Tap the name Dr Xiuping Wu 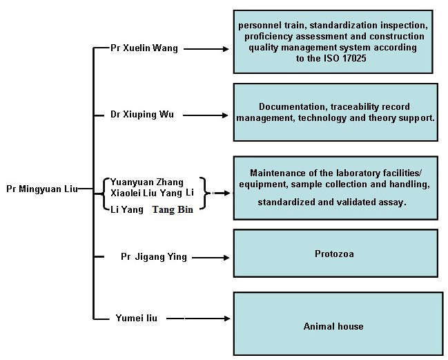pyautogui.click(x=143, y=115)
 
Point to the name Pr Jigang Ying pyautogui.click(x=153, y=257)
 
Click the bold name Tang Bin pyautogui.click(x=173, y=209)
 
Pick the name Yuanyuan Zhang pyautogui.click(x=147, y=182)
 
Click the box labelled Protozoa pyautogui.click(x=334, y=254)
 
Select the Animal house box pyautogui.click(x=334, y=325)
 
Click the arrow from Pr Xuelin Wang pyautogui.click(x=206, y=50)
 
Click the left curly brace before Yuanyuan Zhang pyautogui.click(x=104, y=193)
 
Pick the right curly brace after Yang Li pyautogui.click(x=202, y=193)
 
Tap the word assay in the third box pyautogui.click(x=391, y=203)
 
